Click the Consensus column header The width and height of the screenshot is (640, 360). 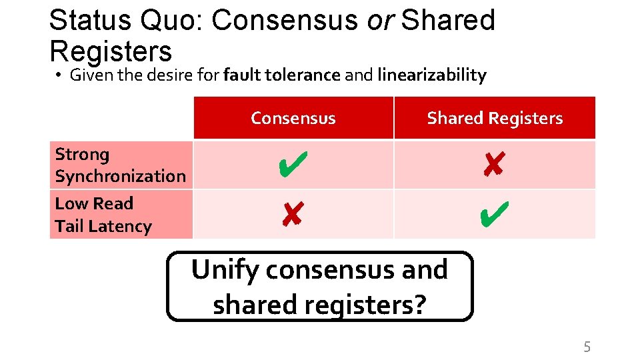[293, 119]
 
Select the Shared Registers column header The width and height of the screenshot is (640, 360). [495, 119]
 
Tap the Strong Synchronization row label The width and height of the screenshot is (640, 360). [120, 165]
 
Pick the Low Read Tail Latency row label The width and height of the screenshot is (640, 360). [103, 215]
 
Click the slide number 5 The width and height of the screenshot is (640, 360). [587, 347]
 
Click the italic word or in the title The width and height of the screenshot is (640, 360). [380, 20]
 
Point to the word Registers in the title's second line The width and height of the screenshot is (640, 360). [111, 51]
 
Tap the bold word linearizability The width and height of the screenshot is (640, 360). [432, 75]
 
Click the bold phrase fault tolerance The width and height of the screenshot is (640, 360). [282, 75]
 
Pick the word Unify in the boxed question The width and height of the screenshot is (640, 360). [224, 271]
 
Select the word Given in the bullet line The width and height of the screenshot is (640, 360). [92, 75]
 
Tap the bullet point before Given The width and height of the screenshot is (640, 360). [59, 76]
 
